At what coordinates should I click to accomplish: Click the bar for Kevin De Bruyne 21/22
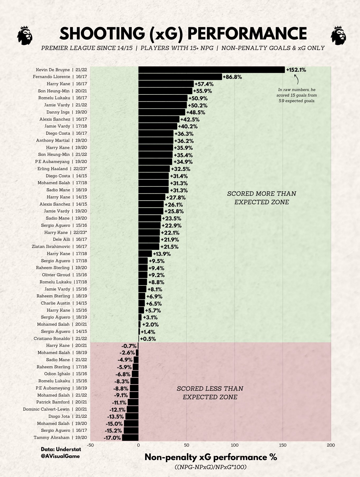point(211,70)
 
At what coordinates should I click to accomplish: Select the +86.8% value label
point(232,77)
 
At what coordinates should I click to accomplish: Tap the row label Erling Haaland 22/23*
point(62,169)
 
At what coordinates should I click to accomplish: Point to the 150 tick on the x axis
point(283,445)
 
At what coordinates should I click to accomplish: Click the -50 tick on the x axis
point(90,445)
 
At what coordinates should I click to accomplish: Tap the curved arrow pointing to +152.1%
point(296,79)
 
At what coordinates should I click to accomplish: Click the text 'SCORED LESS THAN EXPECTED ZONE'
point(210,393)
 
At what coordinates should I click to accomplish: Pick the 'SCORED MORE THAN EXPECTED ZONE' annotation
point(262,198)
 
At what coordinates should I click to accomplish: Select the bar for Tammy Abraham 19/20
point(130,438)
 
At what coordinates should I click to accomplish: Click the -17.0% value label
point(112,438)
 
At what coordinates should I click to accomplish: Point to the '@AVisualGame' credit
point(60,456)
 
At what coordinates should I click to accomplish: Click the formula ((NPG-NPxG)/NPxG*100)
point(210,467)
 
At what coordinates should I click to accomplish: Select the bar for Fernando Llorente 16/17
point(180,77)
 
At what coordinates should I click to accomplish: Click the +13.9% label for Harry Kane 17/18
point(162,254)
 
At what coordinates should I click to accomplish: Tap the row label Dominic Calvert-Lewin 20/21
point(55,409)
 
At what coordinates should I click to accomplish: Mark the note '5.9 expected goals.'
point(297,101)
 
